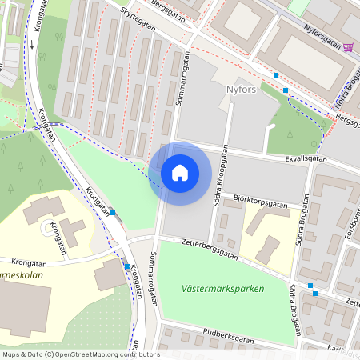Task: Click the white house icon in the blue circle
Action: point(180,173)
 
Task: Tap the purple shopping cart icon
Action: point(348,46)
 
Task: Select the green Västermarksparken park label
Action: point(223,289)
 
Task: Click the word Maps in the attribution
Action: point(11,354)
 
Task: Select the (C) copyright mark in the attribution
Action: point(50,354)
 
